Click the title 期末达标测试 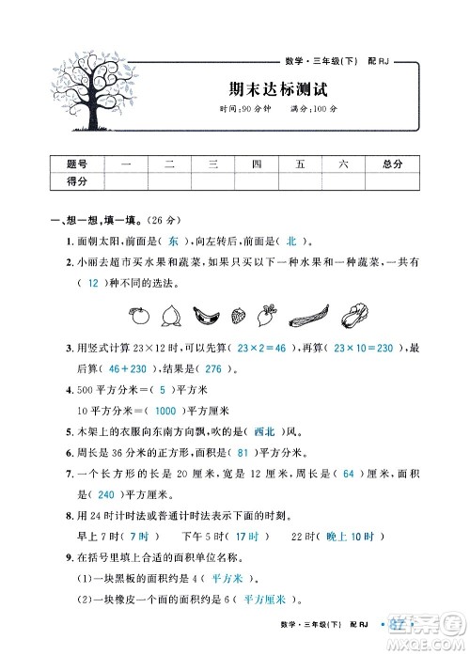281,90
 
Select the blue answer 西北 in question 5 263,431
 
